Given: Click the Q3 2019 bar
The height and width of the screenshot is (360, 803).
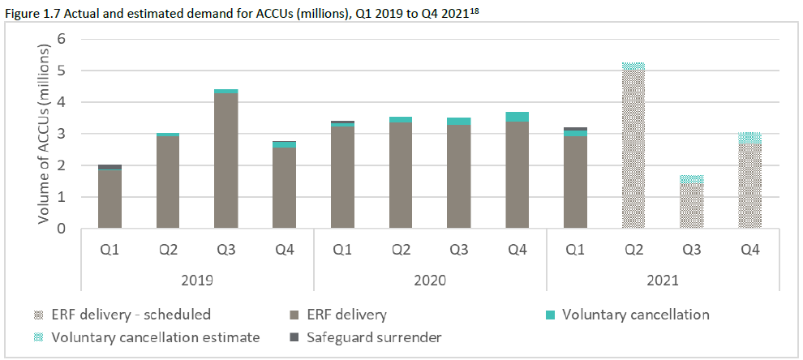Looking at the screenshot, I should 226,162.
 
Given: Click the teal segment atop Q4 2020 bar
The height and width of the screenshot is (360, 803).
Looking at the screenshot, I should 517,117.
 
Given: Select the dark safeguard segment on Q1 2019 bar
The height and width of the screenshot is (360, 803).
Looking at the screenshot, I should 109,166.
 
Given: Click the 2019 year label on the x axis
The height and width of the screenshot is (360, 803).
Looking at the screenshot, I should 197,280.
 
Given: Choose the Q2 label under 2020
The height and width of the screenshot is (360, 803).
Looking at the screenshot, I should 401,251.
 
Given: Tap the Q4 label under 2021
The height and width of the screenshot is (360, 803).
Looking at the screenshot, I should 750,251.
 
